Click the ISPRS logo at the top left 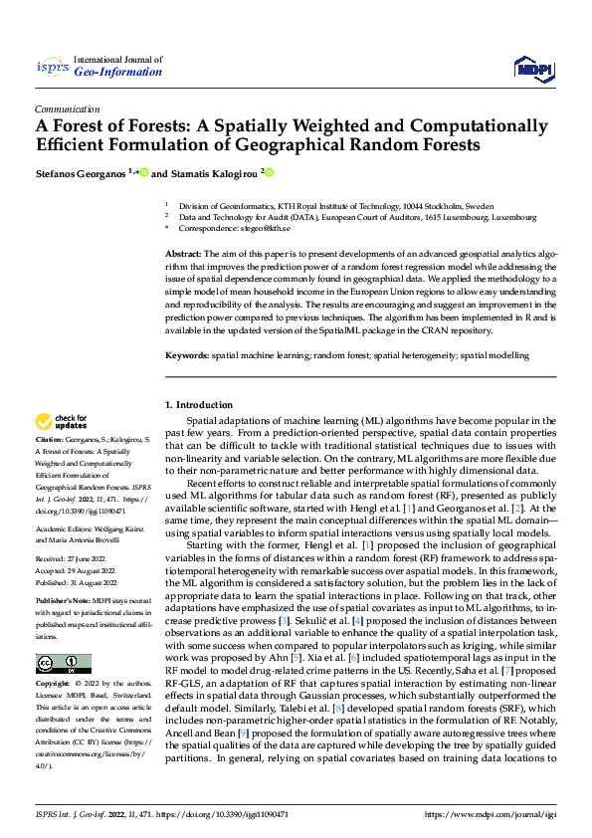tap(51, 68)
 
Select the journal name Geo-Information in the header tap(117, 72)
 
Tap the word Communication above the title tap(67, 109)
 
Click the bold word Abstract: tap(182, 256)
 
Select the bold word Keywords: tap(187, 354)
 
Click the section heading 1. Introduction tap(197, 405)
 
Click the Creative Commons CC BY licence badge tap(62, 664)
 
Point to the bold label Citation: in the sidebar tap(50, 438)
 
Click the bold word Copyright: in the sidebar tap(53, 686)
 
